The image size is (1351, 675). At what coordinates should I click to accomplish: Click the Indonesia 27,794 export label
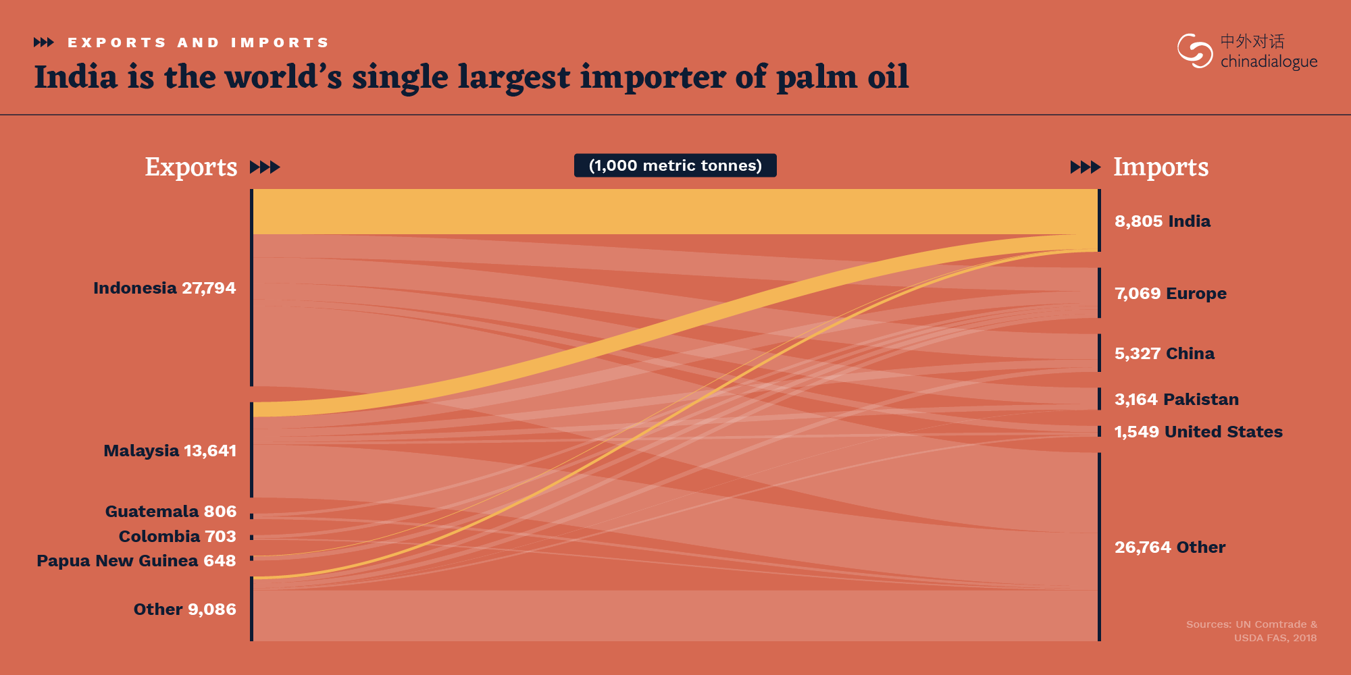[165, 288]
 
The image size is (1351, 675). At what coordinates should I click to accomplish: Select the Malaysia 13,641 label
[170, 451]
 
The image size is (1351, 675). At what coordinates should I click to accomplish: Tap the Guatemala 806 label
[171, 512]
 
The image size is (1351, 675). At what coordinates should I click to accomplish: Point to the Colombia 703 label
[178, 537]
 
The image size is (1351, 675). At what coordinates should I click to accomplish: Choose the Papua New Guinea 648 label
[136, 561]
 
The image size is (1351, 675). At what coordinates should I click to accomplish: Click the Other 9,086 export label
[185, 610]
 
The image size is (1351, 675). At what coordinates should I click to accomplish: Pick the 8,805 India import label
[1163, 221]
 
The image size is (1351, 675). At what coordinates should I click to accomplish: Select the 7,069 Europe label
[1171, 294]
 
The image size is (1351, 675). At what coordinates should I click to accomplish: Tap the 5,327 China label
[1165, 354]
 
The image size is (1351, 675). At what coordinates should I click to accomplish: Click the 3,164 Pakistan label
[1177, 400]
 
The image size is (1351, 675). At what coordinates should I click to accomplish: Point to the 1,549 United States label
[1198, 432]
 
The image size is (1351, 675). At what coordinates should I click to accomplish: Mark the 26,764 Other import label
[1170, 547]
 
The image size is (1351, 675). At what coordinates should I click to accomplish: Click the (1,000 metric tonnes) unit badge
[675, 165]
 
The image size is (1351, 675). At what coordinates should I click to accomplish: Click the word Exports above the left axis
[191, 167]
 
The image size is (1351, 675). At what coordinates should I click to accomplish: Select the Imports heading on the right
[1161, 167]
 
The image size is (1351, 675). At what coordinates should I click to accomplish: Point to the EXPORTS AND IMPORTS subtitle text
[198, 43]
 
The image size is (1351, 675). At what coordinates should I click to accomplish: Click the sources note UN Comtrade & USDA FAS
[1252, 631]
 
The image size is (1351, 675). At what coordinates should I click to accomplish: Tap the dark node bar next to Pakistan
[1099, 399]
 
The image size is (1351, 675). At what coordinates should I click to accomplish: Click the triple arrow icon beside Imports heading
[1086, 167]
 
